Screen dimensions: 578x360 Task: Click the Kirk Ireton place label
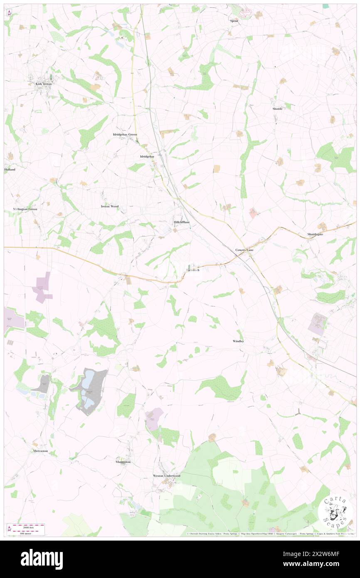[x=42, y=84]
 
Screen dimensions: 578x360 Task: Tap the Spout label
[x=234, y=20]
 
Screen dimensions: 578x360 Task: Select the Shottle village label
[x=277, y=109]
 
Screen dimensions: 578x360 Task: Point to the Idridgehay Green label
[x=125, y=135]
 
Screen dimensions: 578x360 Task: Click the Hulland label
[x=10, y=170]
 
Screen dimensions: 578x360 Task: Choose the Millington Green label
[x=25, y=209]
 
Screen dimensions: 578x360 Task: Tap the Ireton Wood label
[x=110, y=206]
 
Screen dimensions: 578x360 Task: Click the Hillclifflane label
[x=182, y=222]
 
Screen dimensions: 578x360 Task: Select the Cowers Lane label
[x=244, y=250]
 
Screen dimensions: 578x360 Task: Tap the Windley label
[x=238, y=341]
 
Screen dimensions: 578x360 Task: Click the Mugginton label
[x=123, y=462]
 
